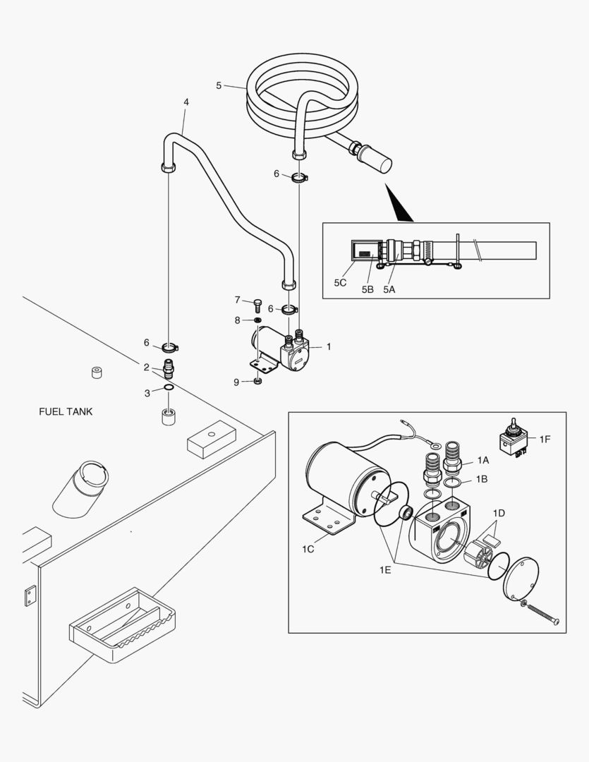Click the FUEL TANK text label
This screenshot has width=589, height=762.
(66, 411)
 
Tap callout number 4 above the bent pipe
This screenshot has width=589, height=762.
(186, 102)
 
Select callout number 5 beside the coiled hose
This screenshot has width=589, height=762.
(219, 85)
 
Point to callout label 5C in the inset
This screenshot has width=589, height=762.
(341, 283)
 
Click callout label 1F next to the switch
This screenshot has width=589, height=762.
(545, 439)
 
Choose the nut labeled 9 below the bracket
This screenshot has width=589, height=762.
(258, 382)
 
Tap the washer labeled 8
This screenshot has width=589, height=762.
(257, 322)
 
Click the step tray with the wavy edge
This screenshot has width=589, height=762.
(121, 625)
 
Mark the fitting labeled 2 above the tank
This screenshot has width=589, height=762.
(169, 368)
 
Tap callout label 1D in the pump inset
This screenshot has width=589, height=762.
(499, 512)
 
